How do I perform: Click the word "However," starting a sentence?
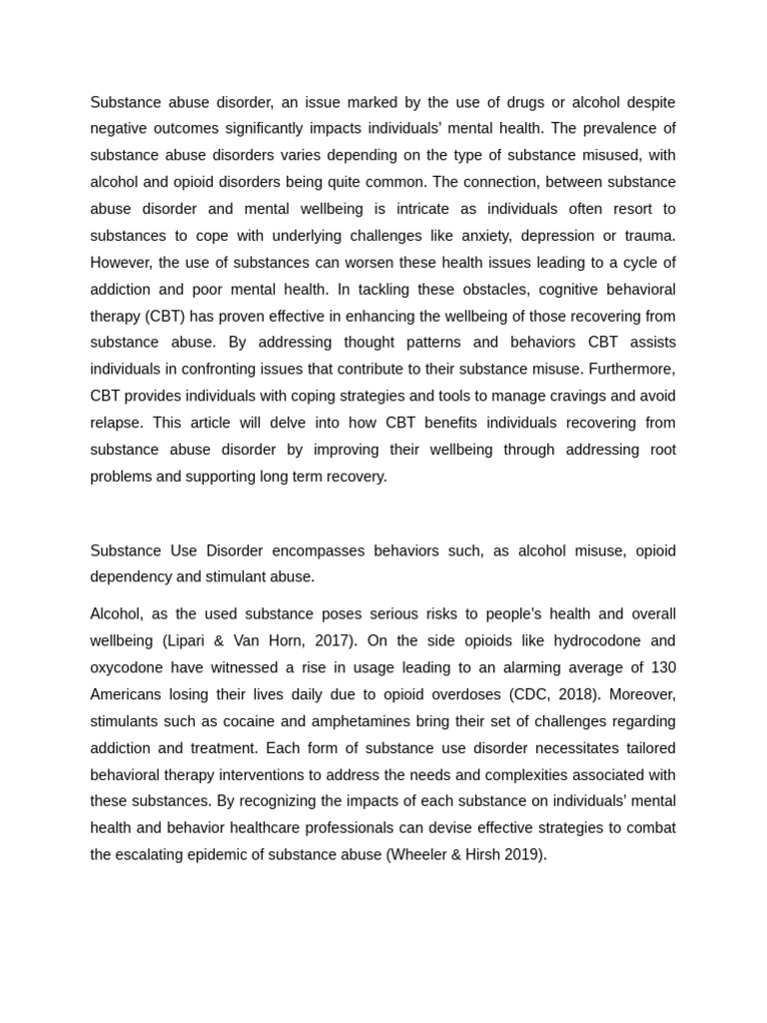click(120, 262)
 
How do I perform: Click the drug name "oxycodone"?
click(126, 667)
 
